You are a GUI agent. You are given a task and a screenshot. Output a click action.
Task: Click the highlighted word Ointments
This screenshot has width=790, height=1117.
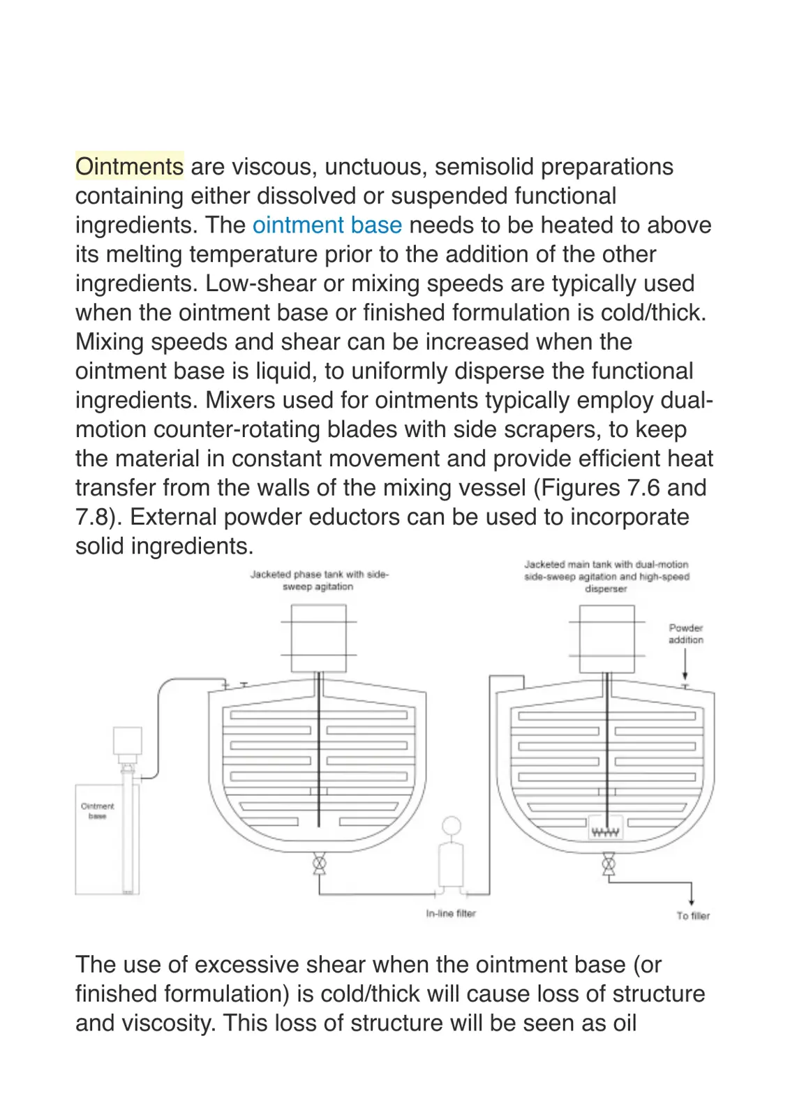coord(130,166)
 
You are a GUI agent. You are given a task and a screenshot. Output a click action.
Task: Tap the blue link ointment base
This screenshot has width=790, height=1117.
coord(327,225)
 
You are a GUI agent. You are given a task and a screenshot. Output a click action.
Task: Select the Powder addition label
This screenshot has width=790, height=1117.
coord(686,633)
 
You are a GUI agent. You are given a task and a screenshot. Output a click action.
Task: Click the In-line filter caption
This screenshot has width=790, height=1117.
coord(451,913)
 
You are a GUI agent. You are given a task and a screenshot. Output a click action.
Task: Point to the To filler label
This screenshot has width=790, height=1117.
coord(693,915)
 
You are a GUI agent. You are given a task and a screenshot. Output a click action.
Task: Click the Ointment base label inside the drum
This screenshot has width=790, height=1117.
coord(98,811)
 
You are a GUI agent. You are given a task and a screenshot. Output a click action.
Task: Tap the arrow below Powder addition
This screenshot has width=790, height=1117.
coord(685,664)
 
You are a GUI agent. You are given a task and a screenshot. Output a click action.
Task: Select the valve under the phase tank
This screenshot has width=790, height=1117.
coord(319,863)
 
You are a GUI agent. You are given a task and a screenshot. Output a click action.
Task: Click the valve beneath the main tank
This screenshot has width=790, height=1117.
coord(608,864)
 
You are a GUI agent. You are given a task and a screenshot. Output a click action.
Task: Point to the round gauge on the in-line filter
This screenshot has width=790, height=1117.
coord(451,826)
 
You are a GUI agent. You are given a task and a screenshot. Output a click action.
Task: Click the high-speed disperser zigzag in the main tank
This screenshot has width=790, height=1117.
coord(606,831)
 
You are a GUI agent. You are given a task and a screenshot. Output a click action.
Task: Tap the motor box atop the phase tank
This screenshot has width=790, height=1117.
coord(318,638)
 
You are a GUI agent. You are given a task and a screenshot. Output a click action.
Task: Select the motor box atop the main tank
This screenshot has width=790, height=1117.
coord(607,639)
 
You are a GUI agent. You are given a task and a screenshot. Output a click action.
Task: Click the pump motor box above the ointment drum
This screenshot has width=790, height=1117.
coord(128,741)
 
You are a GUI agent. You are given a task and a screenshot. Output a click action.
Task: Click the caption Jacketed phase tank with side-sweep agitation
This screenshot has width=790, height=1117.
coord(319,580)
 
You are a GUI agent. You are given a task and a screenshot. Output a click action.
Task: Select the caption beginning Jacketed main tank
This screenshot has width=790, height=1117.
coord(606,577)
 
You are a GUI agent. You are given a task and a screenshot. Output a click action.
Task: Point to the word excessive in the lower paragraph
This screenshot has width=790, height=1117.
coord(246,964)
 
